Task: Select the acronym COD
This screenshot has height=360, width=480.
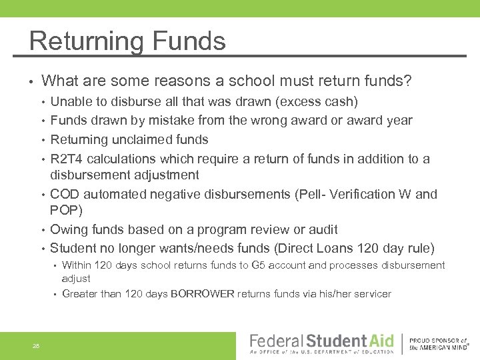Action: point(64,194)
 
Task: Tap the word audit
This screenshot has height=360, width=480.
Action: point(321,230)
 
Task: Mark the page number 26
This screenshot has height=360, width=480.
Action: point(36,345)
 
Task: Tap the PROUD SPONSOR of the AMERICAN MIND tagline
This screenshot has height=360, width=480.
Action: point(438,343)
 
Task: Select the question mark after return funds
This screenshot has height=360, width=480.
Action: point(408,82)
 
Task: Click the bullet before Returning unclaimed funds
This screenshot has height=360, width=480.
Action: point(43,140)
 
